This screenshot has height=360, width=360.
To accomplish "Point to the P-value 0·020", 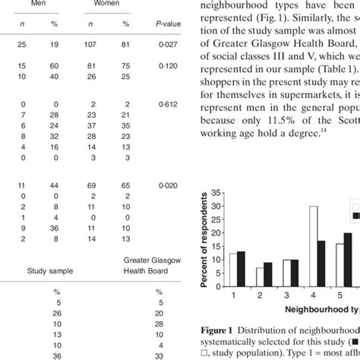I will [x=169, y=185].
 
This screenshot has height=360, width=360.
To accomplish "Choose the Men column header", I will [x=30, y=3].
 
